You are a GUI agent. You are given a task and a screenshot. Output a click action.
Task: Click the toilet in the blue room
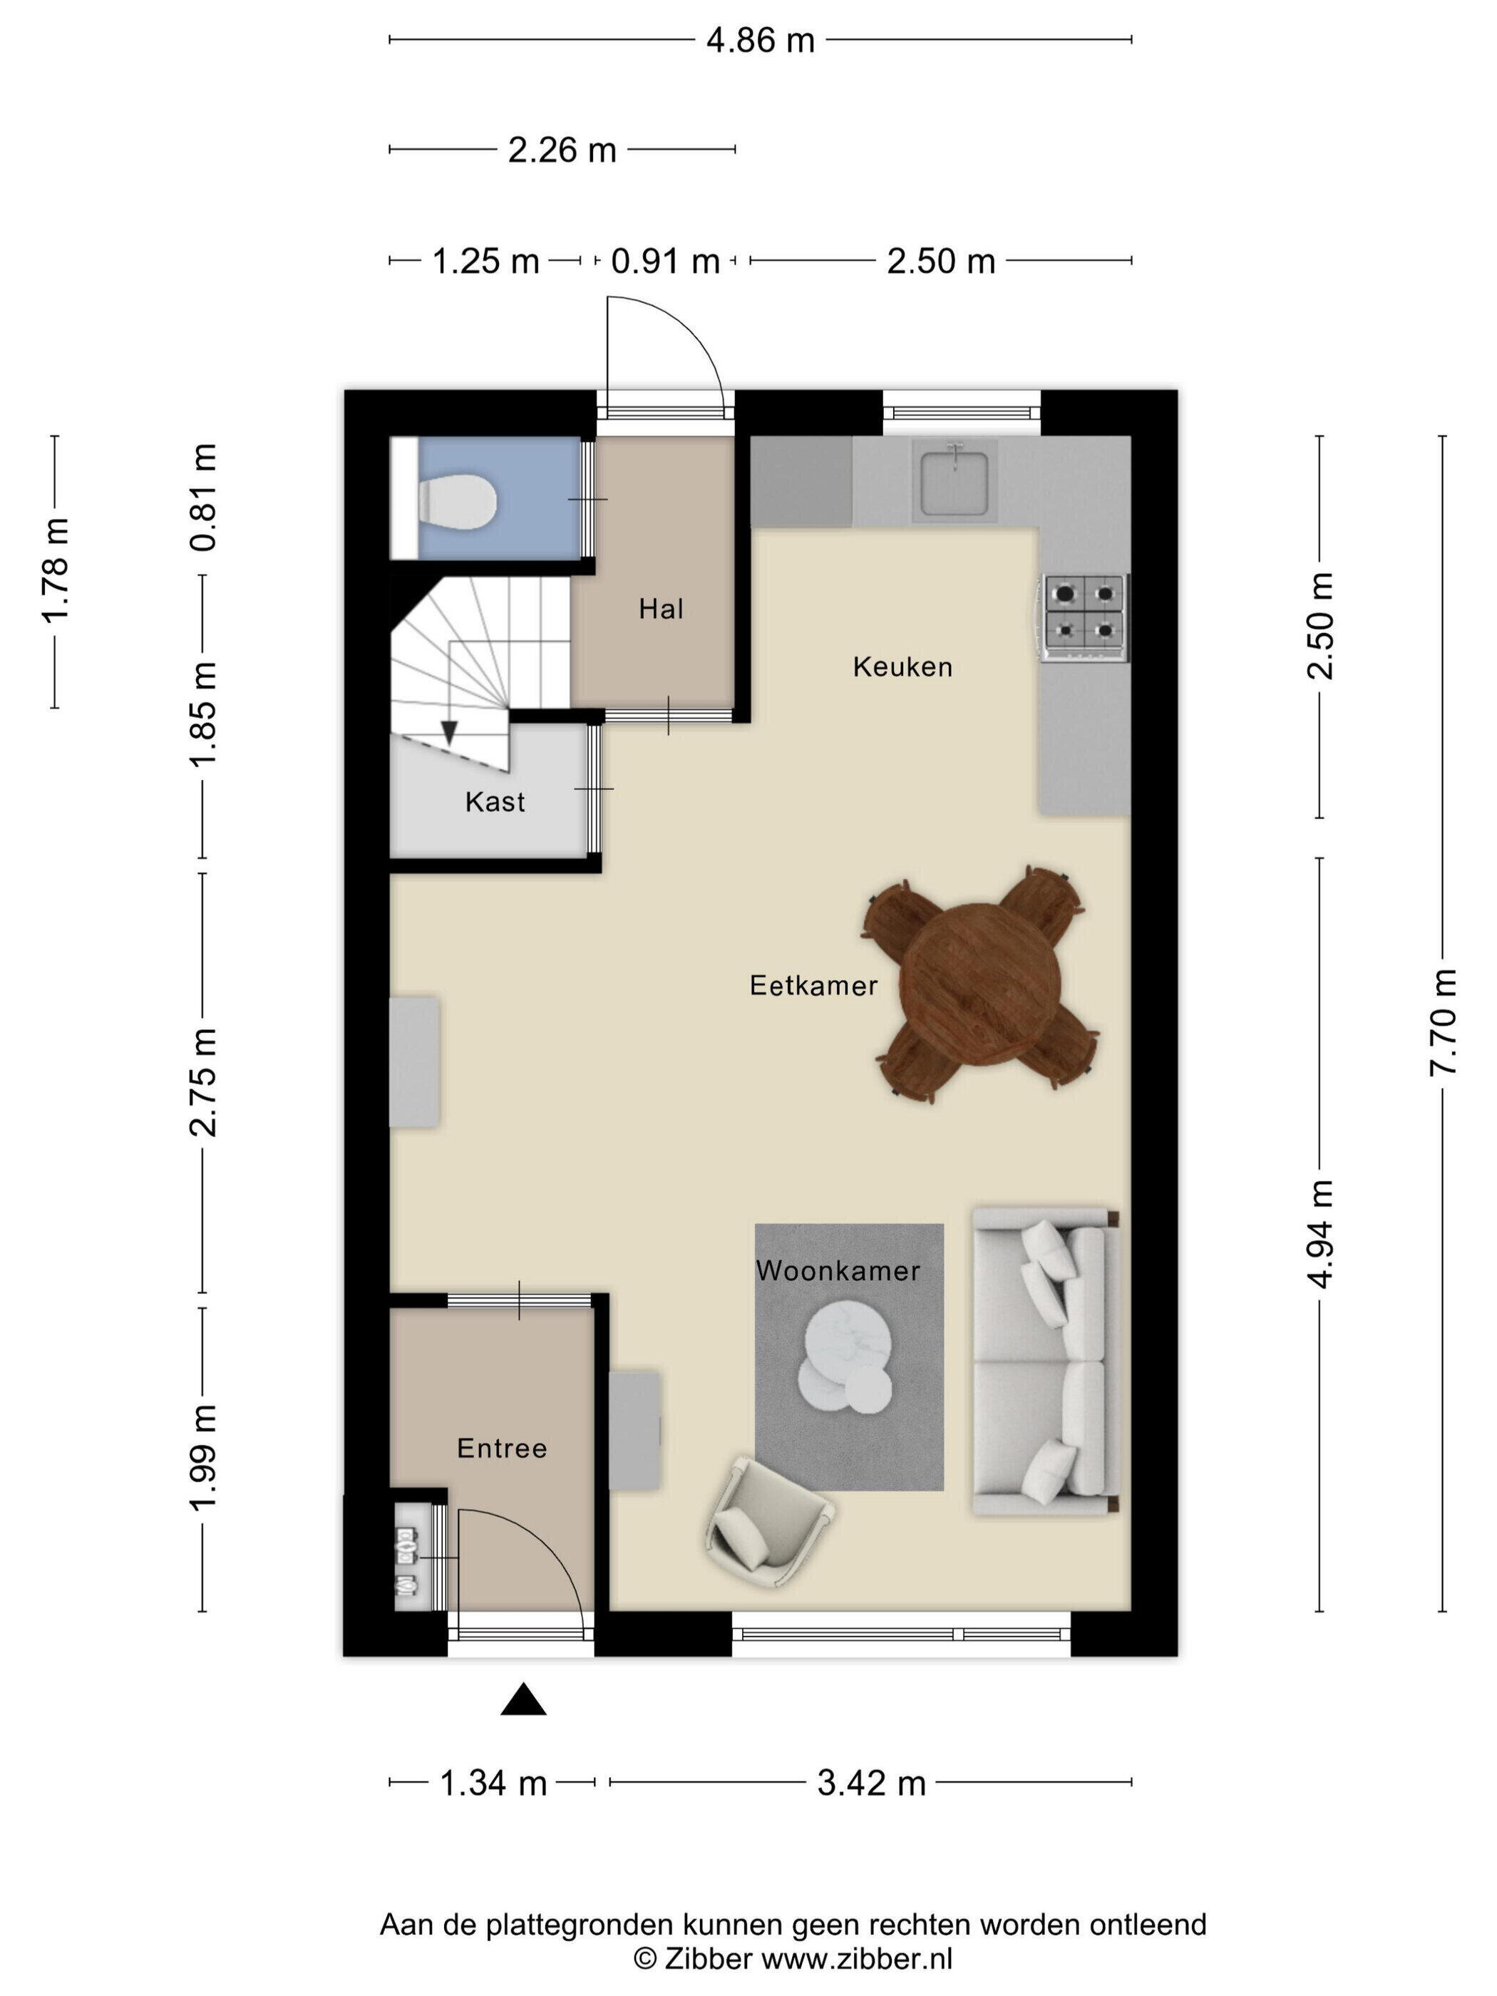[x=457, y=502]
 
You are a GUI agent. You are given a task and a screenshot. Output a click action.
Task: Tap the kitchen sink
[x=954, y=481]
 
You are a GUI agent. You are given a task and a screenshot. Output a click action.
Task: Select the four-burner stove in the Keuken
[x=1084, y=618]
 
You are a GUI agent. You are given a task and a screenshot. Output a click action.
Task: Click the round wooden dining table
[x=981, y=984]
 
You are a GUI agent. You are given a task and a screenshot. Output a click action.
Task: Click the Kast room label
[x=495, y=801]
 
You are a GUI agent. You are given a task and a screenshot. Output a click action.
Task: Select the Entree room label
[x=502, y=1449]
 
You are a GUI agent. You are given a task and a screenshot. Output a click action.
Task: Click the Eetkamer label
[x=813, y=985]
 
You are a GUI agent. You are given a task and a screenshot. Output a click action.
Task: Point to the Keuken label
[x=902, y=667]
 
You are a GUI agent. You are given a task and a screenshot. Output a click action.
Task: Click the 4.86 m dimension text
[x=760, y=41]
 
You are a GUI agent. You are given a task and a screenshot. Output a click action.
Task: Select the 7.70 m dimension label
[x=1443, y=1022]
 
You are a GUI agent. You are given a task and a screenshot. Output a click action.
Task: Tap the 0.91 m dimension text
[x=665, y=262]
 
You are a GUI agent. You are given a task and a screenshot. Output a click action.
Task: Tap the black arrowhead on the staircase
[x=448, y=732]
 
